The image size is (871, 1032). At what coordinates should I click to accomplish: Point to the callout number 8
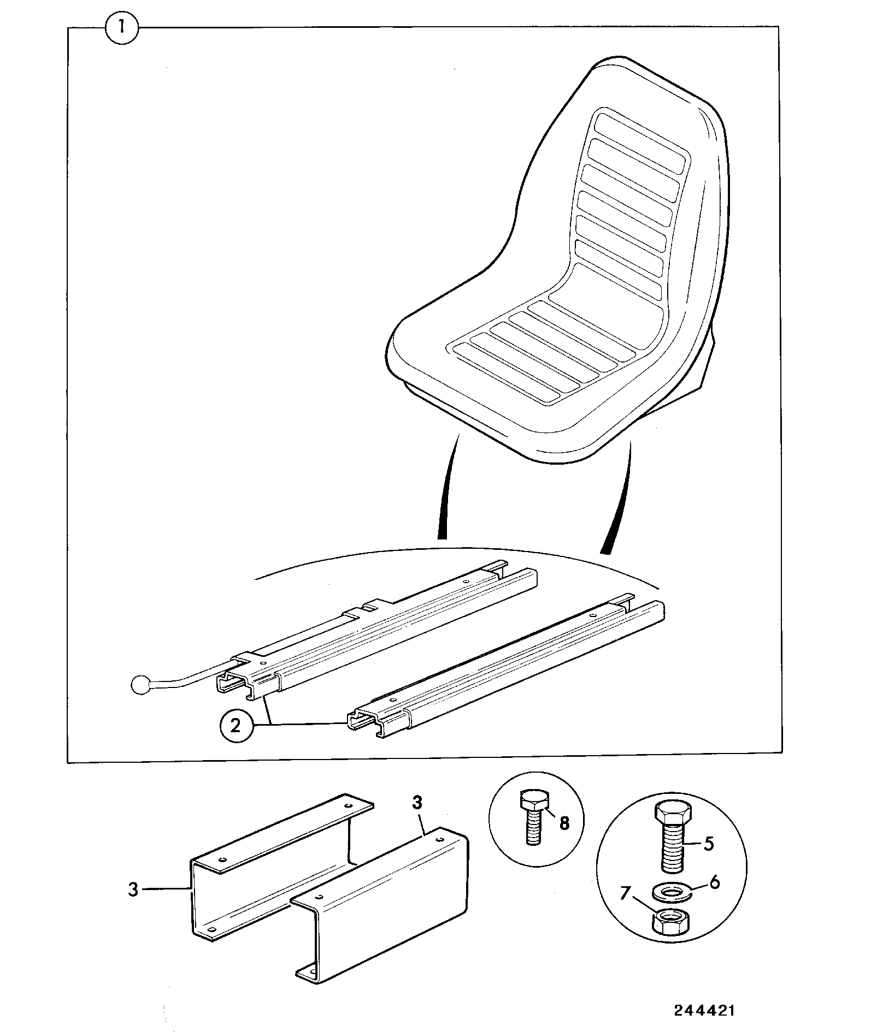pos(564,823)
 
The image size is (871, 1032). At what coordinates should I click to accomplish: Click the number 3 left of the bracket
pos(133,889)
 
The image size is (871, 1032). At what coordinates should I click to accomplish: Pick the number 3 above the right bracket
pos(417,803)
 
